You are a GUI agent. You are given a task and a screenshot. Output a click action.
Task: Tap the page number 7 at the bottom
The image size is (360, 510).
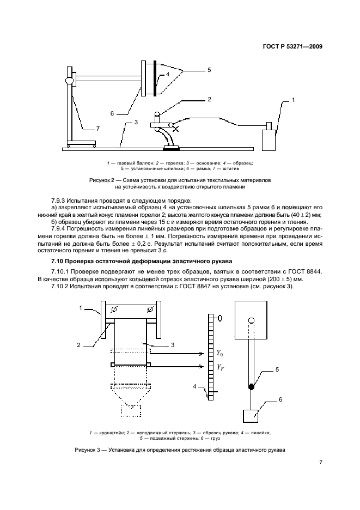tap(321, 463)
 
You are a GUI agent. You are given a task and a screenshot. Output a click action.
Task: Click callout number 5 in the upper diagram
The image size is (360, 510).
tap(209, 70)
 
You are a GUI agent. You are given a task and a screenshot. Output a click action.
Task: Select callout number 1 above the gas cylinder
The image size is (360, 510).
tap(293, 100)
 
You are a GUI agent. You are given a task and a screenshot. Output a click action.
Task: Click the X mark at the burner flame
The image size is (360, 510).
tap(175, 129)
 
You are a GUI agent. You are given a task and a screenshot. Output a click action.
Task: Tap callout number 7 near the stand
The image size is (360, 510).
tap(97, 129)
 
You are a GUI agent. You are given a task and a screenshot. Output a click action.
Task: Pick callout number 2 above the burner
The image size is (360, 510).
tap(209, 100)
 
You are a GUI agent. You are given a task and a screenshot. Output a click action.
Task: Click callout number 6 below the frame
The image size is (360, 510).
tap(112, 114)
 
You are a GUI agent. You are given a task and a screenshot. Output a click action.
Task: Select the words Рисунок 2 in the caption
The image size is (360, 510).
tap(102, 179)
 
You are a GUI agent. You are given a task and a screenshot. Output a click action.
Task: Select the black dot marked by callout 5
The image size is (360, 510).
tap(252, 387)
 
